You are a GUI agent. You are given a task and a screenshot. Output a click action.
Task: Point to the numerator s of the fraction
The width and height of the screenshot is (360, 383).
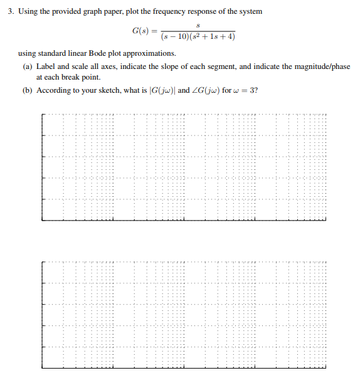pos(198,25)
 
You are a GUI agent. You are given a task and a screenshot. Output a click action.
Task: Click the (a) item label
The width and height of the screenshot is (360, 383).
pos(28,66)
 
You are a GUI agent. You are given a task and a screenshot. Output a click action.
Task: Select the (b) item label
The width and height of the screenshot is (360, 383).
pos(28,90)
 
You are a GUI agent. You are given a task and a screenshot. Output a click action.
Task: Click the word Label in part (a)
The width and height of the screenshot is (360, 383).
pos(46,66)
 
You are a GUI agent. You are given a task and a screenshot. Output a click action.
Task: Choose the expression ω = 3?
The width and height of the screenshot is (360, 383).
pos(246,90)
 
